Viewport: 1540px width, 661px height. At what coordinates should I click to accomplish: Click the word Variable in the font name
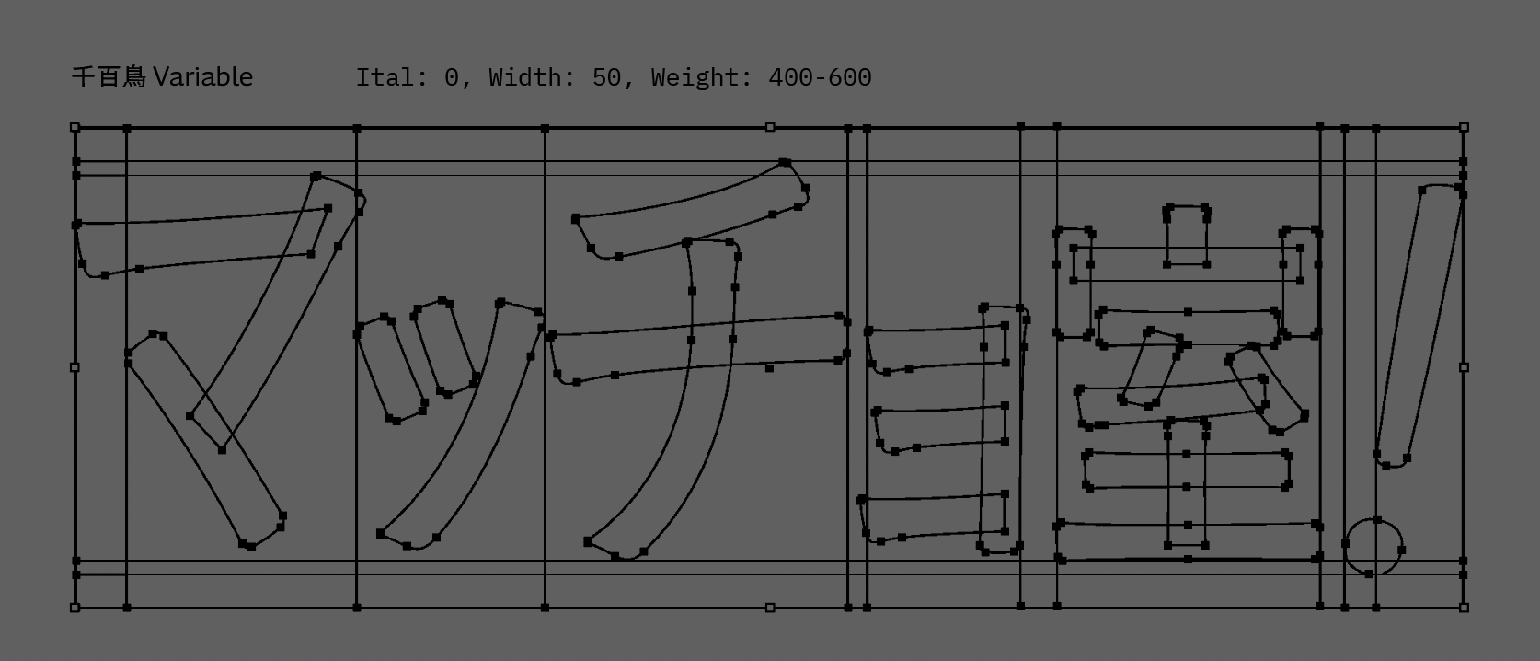click(202, 77)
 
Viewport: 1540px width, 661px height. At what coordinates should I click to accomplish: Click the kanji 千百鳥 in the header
click(109, 77)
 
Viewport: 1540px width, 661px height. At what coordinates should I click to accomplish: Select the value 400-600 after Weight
click(821, 77)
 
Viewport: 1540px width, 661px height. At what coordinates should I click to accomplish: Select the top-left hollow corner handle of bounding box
click(75, 127)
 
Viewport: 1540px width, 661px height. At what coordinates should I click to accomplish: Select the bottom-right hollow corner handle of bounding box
click(1464, 608)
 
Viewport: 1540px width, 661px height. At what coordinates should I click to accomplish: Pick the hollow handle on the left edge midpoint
click(75, 367)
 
